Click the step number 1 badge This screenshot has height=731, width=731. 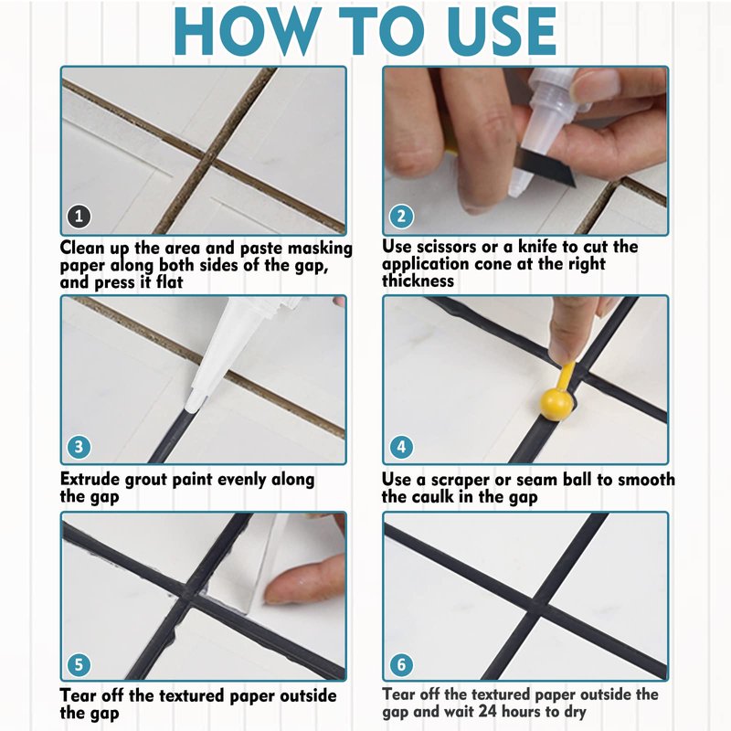point(79,216)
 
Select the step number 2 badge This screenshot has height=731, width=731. point(401,216)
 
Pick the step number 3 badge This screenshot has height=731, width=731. point(79,447)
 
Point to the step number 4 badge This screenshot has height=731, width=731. point(401,447)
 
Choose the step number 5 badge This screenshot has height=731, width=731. point(79,664)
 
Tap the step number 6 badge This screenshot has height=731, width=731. point(401,664)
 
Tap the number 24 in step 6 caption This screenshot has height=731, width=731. point(496,712)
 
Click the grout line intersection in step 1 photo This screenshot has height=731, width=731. point(203,159)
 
